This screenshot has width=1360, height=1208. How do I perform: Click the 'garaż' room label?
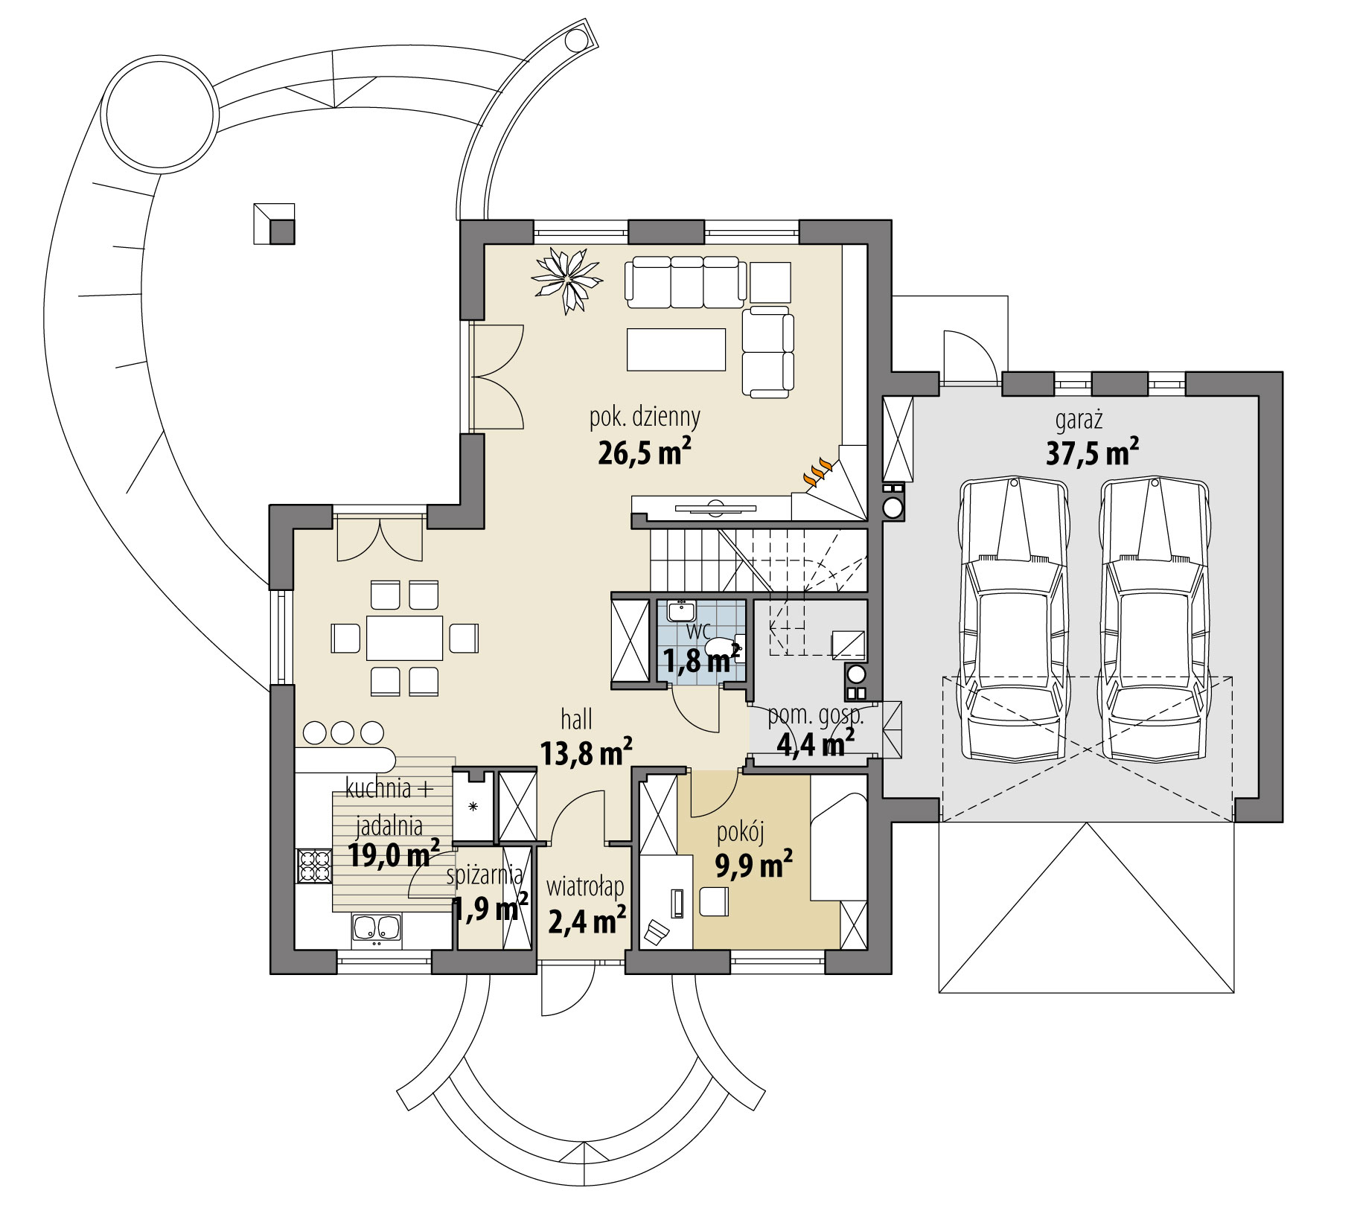pyautogui.click(x=1079, y=421)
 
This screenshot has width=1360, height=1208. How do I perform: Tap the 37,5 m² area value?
pyautogui.click(x=1091, y=453)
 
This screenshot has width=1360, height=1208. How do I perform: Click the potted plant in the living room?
pyautogui.click(x=567, y=279)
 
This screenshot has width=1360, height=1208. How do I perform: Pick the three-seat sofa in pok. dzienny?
pyautogui.click(x=685, y=282)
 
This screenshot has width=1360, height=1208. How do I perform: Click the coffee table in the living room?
pyautogui.click(x=676, y=349)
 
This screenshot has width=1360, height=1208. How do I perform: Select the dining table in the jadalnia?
pyautogui.click(x=404, y=638)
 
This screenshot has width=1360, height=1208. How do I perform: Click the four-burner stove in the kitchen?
pyautogui.click(x=314, y=866)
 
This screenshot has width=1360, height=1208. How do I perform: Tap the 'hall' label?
pyautogui.click(x=576, y=720)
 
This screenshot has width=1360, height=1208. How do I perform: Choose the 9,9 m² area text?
pyautogui.click(x=753, y=866)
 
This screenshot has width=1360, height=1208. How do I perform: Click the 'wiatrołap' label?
pyautogui.click(x=584, y=887)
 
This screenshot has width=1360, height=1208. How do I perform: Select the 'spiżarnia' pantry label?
pyautogui.click(x=485, y=875)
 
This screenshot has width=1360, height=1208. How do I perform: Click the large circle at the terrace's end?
pyautogui.click(x=161, y=115)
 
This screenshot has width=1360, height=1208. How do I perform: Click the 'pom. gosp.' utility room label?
pyautogui.click(x=815, y=716)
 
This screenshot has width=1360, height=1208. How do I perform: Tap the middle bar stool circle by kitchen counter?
pyautogui.click(x=342, y=732)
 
